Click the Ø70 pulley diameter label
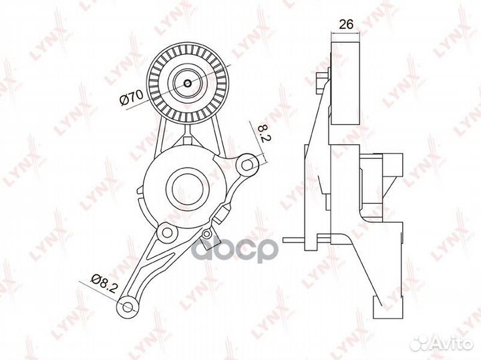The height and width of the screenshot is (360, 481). click(132, 98)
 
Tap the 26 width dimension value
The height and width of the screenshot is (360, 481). click(346, 24)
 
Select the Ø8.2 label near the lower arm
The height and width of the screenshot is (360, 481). click(105, 283)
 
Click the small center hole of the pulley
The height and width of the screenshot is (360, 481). click(188, 83)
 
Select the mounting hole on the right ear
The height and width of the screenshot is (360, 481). click(247, 165)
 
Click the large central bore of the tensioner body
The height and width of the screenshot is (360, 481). click(187, 187)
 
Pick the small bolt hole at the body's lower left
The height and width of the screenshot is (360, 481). click(167, 232)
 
